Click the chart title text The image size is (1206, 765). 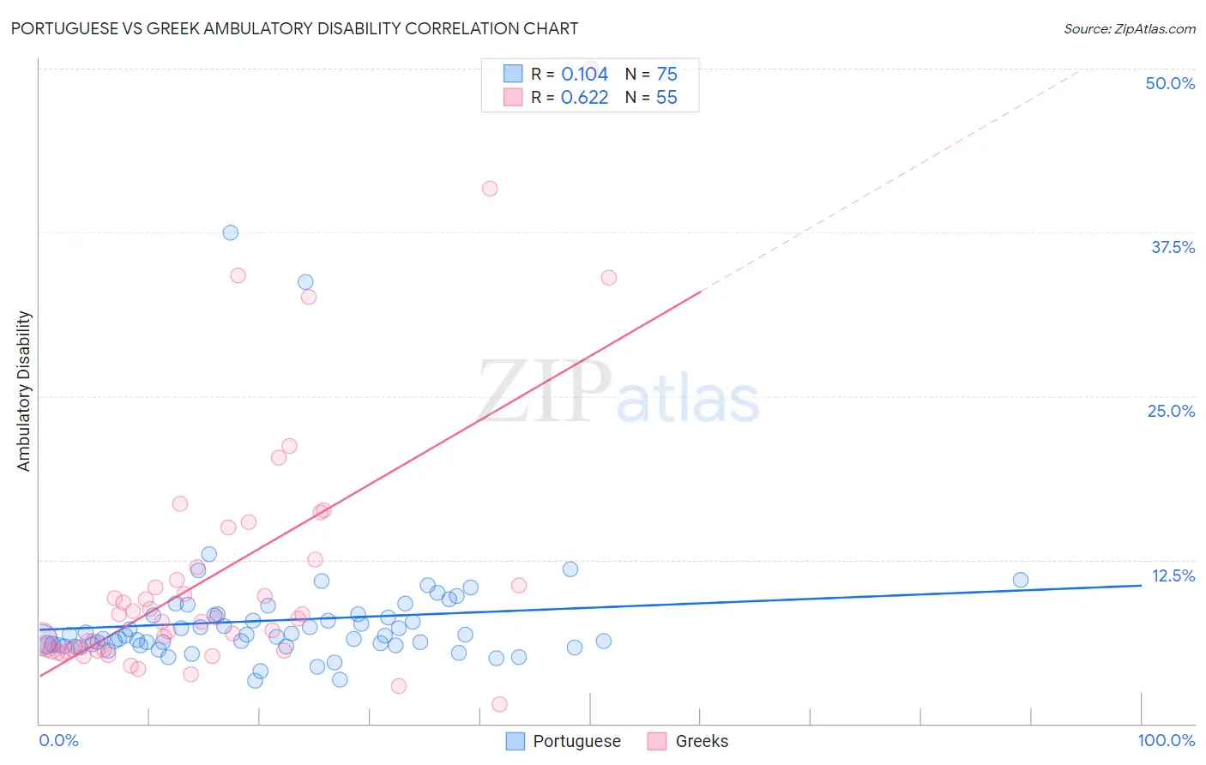point(294,28)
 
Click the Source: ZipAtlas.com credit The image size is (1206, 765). point(1129,28)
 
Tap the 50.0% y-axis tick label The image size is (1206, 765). point(1170,83)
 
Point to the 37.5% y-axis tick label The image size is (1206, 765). point(1173,247)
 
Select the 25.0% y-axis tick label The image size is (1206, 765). point(1171,411)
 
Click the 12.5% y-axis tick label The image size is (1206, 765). point(1173,575)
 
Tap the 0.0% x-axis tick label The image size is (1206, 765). point(58,740)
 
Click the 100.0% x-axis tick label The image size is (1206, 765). point(1166,740)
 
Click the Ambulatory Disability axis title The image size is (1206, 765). point(24,391)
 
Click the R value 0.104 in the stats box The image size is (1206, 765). point(584,75)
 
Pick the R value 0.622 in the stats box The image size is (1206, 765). point(584,98)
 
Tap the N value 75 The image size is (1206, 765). point(666,75)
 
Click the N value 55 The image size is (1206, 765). point(666,98)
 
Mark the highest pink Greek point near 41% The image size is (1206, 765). point(490,189)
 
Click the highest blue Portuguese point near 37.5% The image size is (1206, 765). point(230,232)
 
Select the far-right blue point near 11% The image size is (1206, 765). point(1021,580)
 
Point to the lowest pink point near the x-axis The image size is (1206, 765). point(499,704)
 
